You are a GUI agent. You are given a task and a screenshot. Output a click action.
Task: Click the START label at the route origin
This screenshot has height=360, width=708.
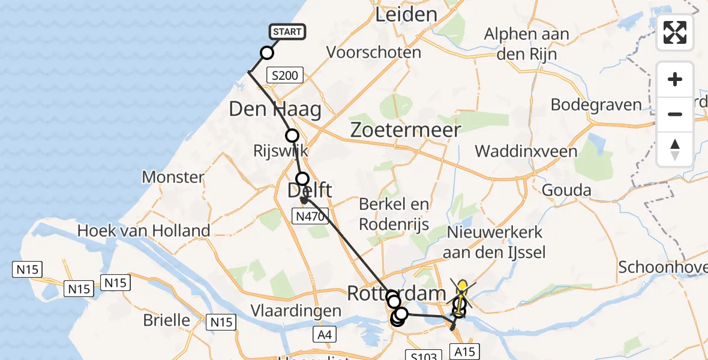click(287, 32)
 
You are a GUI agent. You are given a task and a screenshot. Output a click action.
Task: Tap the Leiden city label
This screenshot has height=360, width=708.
click(406, 14)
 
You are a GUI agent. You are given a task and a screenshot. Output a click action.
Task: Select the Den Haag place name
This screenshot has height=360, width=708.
click(275, 109)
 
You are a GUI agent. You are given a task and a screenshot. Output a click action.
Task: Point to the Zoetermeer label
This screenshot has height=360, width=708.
click(406, 130)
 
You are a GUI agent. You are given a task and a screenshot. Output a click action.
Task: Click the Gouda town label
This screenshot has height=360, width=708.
click(566, 191)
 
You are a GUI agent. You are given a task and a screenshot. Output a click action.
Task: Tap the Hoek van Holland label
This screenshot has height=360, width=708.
click(144, 230)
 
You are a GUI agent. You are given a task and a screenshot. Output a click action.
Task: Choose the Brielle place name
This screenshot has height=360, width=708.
click(166, 320)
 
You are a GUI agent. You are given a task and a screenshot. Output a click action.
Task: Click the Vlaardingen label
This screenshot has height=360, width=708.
click(297, 311)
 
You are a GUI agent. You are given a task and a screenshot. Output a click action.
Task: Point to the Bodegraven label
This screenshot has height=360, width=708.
click(596, 104)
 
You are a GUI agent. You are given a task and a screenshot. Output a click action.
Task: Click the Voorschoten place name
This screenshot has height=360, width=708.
click(373, 52)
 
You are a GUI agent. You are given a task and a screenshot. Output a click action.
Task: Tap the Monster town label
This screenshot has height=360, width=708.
click(173, 177)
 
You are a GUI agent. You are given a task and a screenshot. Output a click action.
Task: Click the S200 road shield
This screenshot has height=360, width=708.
click(286, 76)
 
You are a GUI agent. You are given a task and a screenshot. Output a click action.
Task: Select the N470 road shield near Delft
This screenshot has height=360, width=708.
click(308, 215)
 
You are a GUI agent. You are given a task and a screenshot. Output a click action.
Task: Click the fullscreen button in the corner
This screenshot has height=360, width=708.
click(675, 32)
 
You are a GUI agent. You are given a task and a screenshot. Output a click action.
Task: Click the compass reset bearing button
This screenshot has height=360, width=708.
click(675, 149)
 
